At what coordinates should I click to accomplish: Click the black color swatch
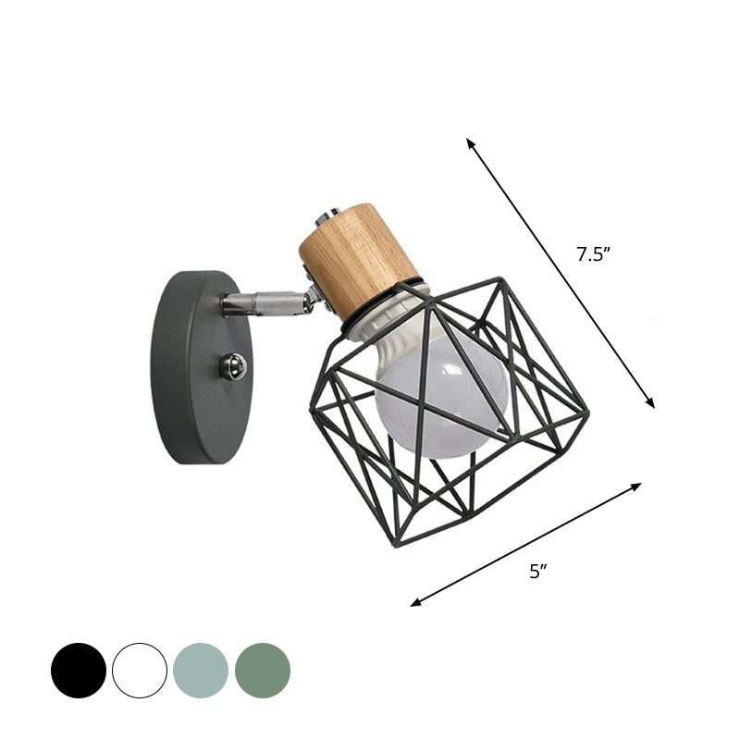click(79, 671)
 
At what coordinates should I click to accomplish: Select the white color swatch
click(140, 671)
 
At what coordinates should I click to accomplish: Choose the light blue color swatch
click(201, 671)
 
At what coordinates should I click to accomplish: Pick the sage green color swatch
click(263, 671)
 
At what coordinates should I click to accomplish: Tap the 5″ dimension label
click(538, 572)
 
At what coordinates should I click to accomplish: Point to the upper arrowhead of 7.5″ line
click(469, 141)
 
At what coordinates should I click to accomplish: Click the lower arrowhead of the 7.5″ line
click(651, 404)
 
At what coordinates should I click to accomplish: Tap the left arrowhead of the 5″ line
click(414, 604)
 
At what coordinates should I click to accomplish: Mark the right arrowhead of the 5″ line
click(638, 485)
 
